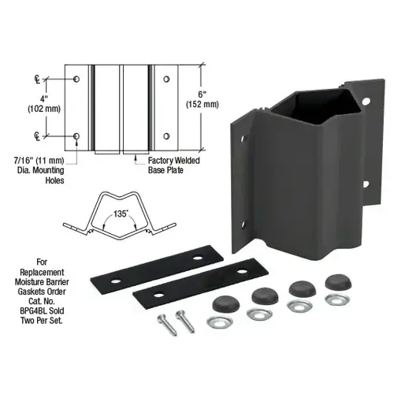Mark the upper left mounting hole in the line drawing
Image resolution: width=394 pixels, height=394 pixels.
[76, 80]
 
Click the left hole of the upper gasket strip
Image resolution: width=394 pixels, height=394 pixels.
[117, 281]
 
